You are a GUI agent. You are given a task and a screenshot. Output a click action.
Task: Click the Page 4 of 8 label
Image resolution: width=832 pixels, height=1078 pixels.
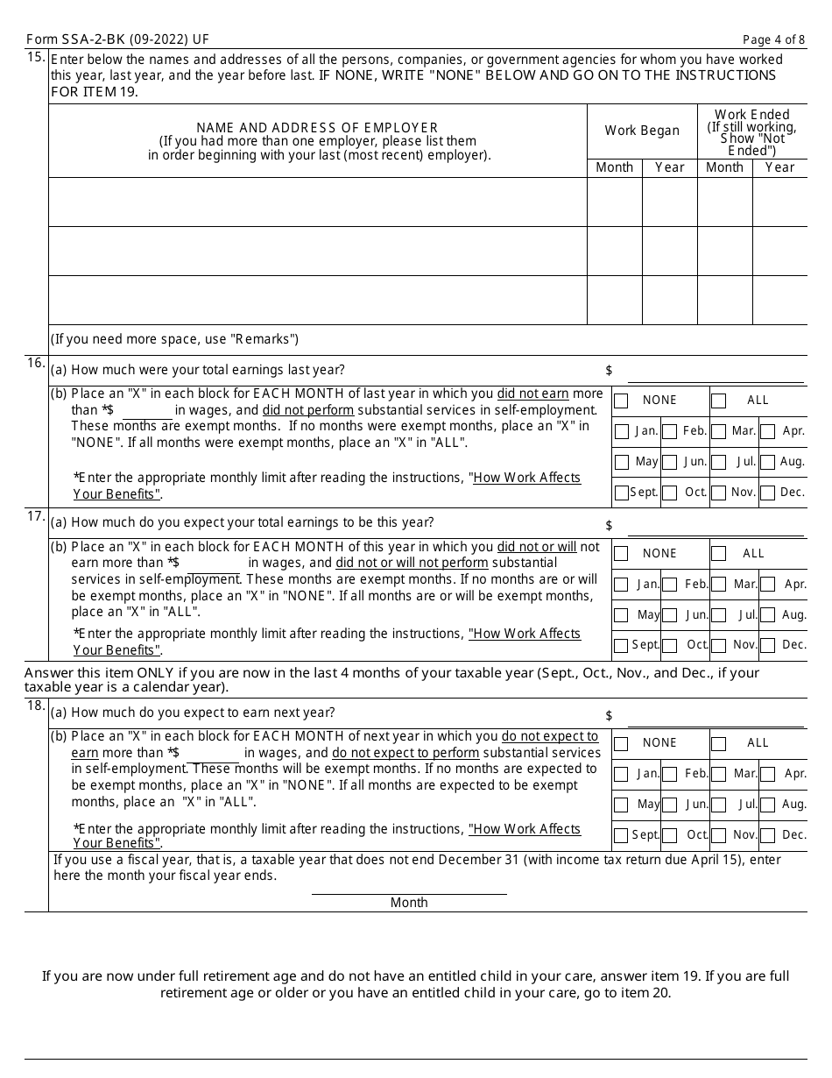(772, 39)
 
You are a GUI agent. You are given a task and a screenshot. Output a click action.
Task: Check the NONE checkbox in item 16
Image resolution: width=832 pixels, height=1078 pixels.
(621, 401)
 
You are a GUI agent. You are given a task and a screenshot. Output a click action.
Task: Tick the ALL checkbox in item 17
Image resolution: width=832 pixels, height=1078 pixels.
(718, 554)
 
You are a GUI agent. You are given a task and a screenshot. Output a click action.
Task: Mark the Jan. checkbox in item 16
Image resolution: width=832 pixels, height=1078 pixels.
(622, 431)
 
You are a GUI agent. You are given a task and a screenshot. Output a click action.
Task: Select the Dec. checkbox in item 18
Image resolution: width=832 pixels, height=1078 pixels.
(768, 835)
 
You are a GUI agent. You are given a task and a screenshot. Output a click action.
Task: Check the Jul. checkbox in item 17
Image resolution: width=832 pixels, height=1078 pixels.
(718, 615)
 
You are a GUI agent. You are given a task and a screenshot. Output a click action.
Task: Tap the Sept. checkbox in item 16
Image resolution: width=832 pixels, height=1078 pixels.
(621, 493)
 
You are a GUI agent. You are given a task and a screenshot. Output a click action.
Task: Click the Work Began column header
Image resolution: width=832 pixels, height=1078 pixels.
(642, 131)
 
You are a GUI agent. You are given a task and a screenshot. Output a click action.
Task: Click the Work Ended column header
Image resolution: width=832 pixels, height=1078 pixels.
(752, 115)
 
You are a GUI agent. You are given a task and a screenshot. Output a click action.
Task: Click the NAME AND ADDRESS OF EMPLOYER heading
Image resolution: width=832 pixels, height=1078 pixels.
(317, 128)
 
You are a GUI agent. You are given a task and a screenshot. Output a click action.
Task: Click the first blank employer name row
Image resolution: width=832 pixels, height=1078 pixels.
(317, 202)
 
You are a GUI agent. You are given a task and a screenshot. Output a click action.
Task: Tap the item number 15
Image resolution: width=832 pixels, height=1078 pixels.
(35, 58)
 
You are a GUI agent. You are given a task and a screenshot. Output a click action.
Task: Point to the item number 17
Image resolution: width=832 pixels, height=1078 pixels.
(35, 516)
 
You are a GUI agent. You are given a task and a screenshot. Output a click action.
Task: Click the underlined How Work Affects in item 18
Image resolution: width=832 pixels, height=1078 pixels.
(525, 829)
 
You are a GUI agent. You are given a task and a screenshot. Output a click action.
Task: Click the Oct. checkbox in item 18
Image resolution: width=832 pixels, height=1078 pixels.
(669, 835)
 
